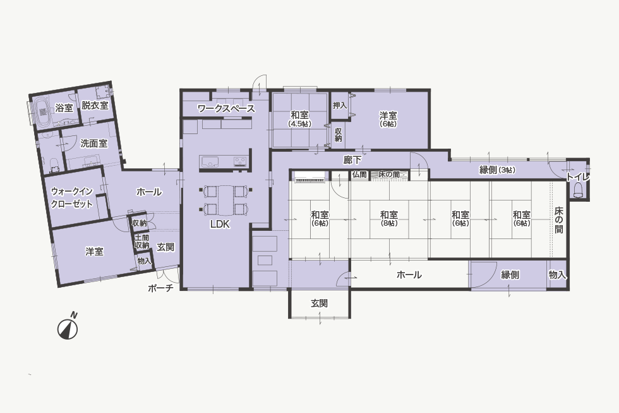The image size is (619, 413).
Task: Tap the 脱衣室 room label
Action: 95,106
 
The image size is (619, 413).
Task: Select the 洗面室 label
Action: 94,143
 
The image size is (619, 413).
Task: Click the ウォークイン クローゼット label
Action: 72,197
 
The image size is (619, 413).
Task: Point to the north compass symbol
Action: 68,326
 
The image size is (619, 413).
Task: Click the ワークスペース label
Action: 226,108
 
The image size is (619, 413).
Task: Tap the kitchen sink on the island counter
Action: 209,162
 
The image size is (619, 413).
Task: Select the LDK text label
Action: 220,225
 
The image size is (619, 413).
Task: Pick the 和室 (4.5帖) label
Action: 299,118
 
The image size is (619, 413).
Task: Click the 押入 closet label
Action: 340,106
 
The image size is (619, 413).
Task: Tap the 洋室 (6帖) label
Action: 388,119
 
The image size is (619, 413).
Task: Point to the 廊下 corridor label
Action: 352,159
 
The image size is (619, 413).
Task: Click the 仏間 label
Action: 359,175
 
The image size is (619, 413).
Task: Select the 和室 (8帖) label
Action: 389,219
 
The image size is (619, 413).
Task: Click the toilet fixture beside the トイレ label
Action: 579,190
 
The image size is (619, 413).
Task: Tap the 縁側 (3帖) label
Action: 498,170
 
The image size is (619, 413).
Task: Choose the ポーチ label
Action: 160,288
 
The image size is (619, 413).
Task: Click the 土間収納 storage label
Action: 142,242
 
